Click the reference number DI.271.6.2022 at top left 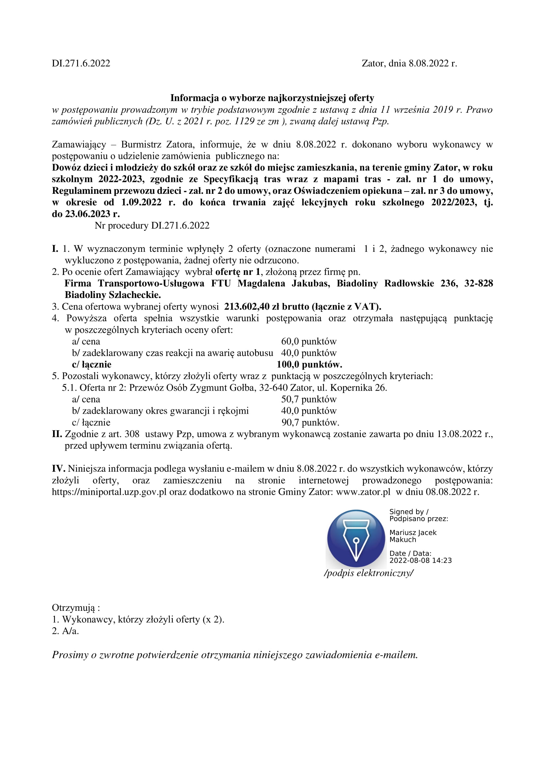pyautogui.click(x=81, y=64)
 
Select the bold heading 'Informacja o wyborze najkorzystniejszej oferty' pyautogui.click(x=272, y=98)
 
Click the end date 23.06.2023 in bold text pyautogui.click(x=88, y=214)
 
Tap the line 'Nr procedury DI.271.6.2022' pyautogui.click(x=152, y=226)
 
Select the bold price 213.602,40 pyautogui.click(x=246, y=307)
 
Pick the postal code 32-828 pyautogui.click(x=478, y=283)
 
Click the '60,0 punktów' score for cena pyautogui.click(x=308, y=341)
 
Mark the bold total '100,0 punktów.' pyautogui.click(x=309, y=365)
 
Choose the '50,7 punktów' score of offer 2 pyautogui.click(x=308, y=399)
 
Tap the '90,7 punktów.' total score pyautogui.click(x=310, y=423)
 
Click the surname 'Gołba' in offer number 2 pyautogui.click(x=242, y=388)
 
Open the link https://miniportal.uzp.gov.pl pyautogui.click(x=109, y=492)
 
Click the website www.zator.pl pyautogui.click(x=363, y=492)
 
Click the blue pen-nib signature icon pyautogui.click(x=356, y=539)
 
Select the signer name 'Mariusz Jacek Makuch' pyautogui.click(x=413, y=536)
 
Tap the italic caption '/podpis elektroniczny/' pyautogui.click(x=368, y=573)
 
